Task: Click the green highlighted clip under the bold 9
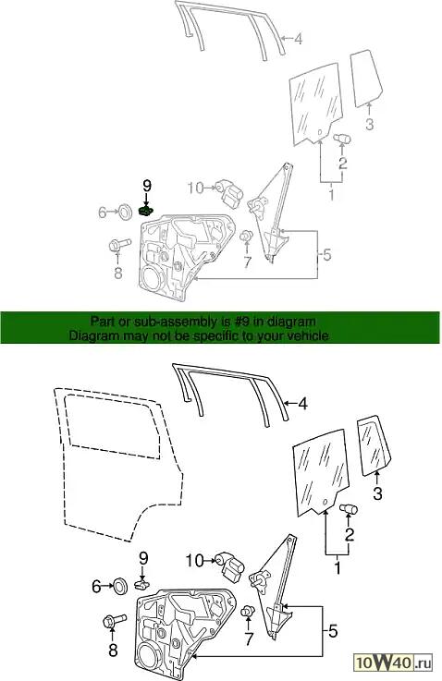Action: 146,211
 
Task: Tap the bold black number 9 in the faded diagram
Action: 147,186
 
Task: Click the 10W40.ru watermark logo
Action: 394,663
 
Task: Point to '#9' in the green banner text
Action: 230,322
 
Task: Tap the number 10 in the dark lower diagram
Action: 194,561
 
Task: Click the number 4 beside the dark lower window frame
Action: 303,404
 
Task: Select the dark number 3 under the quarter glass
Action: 377,493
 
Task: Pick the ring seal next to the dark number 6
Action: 119,587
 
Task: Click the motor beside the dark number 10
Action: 232,564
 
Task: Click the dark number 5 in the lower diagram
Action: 333,631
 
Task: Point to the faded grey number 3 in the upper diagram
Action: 369,124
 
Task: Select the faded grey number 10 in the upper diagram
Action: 196,188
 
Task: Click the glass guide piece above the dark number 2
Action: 349,508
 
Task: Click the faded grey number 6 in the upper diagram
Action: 102,213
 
